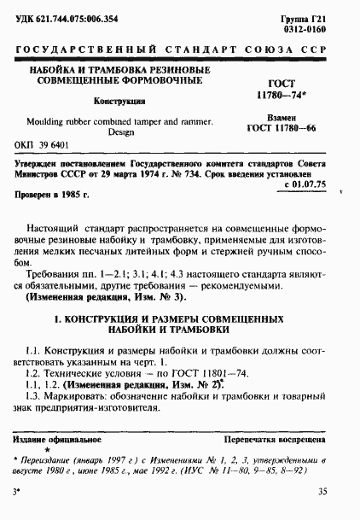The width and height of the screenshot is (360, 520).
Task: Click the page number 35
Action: point(322,492)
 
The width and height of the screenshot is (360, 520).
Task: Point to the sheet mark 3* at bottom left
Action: point(17,493)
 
